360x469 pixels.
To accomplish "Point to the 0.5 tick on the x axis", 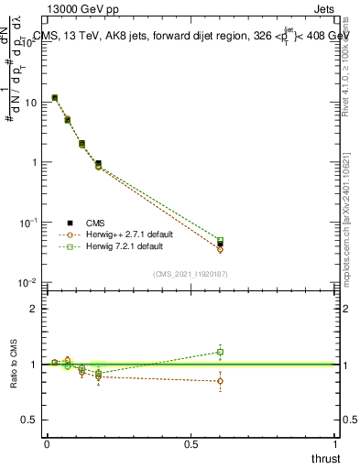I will (x=191, y=443).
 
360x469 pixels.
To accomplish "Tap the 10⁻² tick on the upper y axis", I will (x=28, y=283).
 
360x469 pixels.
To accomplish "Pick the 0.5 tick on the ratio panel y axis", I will (x=32, y=420).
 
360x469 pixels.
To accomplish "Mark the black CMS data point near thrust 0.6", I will (x=220, y=244).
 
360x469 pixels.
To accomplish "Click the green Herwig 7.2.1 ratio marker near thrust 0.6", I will (x=220, y=352).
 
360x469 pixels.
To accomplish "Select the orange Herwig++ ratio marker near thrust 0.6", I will (x=220, y=381).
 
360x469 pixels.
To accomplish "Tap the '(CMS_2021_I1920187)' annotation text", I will (x=191, y=274).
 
